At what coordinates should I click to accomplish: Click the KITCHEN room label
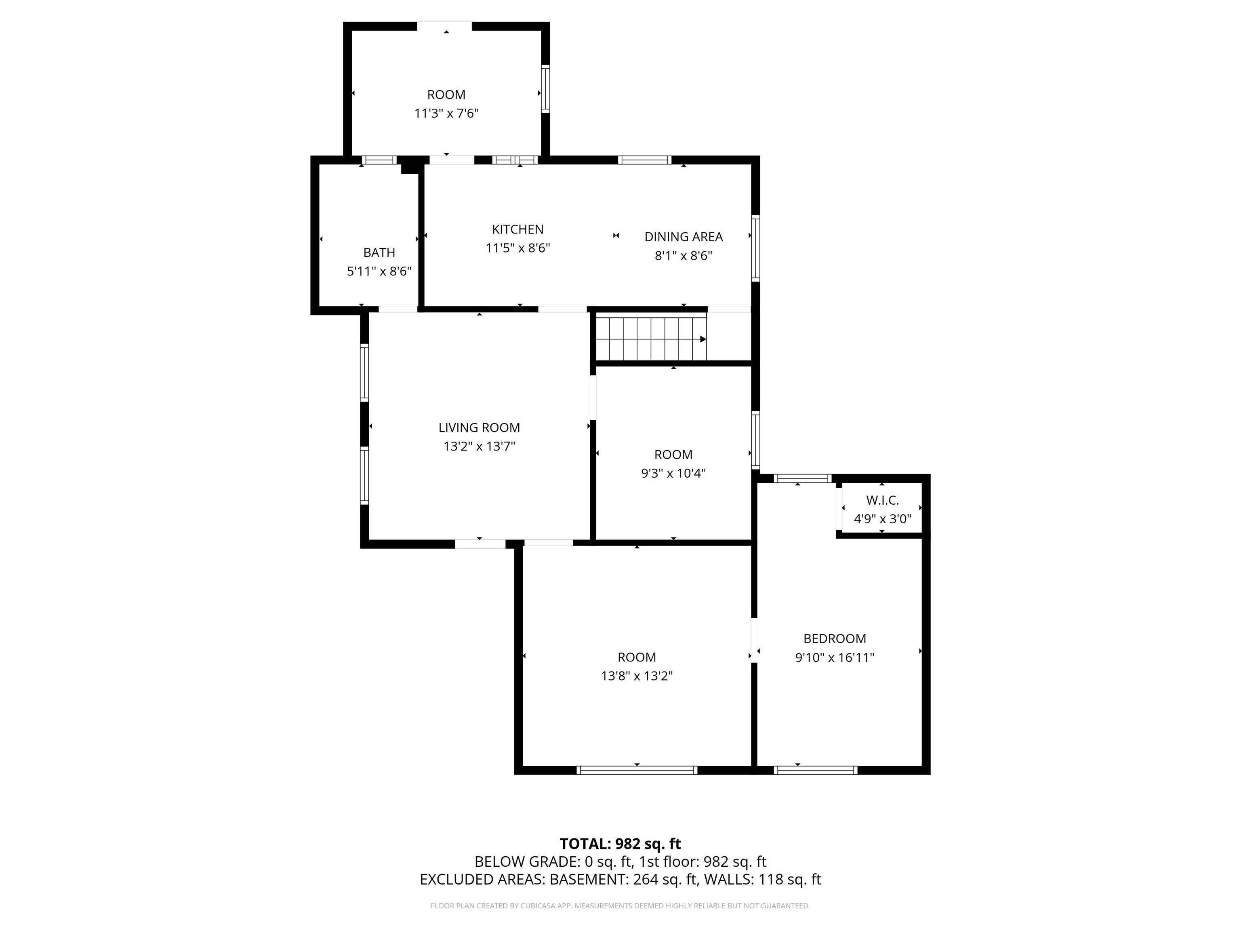(517, 229)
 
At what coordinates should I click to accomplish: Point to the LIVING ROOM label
(479, 428)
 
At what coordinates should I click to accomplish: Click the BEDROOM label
(834, 638)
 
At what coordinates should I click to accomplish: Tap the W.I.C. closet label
(882, 500)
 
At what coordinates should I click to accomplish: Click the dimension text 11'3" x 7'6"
(446, 114)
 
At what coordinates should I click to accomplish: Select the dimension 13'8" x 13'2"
(636, 676)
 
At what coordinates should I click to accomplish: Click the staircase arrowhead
(703, 339)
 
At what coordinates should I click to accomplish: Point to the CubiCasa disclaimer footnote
(620, 906)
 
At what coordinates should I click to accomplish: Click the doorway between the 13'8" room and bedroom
(754, 640)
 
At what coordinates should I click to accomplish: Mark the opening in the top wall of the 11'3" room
(444, 26)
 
